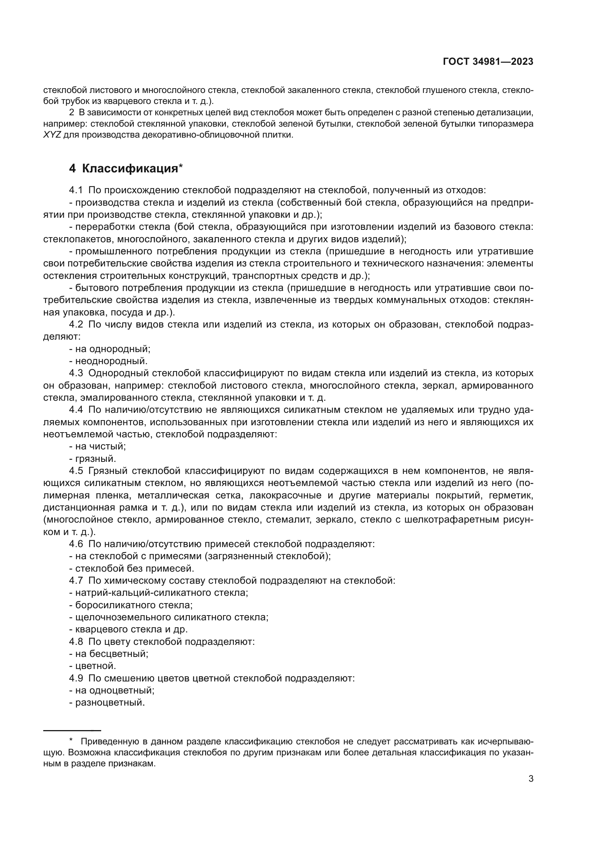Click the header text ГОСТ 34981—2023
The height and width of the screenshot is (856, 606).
(488, 62)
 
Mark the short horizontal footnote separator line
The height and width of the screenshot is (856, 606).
(72, 731)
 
